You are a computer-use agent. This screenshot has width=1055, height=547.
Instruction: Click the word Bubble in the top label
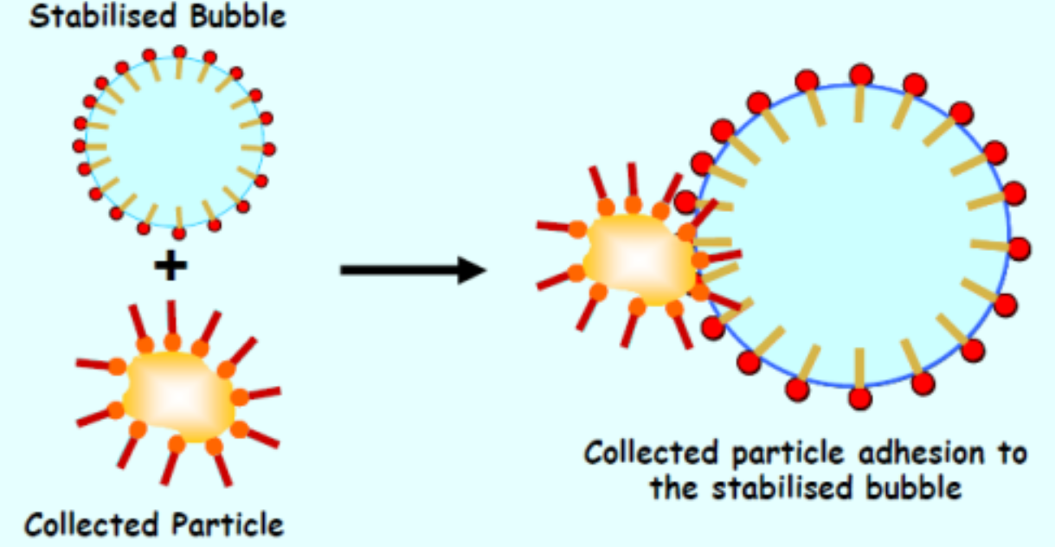click(238, 16)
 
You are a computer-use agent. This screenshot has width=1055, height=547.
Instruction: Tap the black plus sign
click(171, 265)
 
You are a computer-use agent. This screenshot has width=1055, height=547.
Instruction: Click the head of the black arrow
click(472, 270)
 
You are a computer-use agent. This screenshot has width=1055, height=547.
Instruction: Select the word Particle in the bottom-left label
click(228, 524)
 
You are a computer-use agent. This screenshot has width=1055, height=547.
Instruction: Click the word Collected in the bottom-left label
click(92, 524)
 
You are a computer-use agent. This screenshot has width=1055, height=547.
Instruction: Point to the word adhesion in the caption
click(921, 454)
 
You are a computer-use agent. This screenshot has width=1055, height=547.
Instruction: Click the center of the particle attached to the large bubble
click(639, 259)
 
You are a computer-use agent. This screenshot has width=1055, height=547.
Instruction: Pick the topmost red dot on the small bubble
click(179, 52)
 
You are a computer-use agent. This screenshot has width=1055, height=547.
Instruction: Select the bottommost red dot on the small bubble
click(178, 233)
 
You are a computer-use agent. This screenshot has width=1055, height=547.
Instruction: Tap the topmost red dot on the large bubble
click(861, 75)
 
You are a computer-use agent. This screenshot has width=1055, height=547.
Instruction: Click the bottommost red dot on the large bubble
click(860, 399)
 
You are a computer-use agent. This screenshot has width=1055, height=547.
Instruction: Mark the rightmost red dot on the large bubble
click(1020, 248)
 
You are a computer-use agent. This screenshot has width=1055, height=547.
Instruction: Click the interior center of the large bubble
click(852, 235)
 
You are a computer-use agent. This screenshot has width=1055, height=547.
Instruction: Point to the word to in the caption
click(1012, 454)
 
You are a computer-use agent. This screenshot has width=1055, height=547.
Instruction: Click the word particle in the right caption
click(788, 454)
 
